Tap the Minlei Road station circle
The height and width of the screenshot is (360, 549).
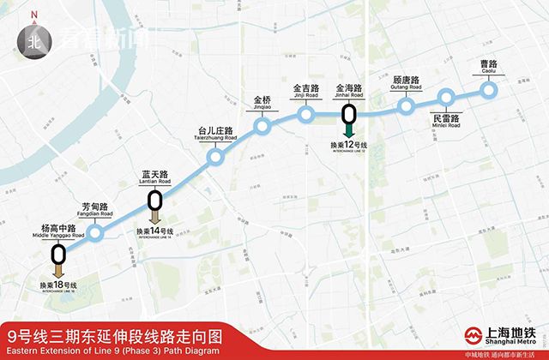pyautogui.click(x=446, y=97)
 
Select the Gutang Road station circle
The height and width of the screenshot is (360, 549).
pyautogui.click(x=407, y=107)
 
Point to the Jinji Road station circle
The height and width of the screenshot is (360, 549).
pyautogui.click(x=306, y=115)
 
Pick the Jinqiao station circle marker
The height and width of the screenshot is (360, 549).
pyautogui.click(x=262, y=127)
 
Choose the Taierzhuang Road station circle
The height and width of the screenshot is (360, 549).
pyautogui.click(x=216, y=157)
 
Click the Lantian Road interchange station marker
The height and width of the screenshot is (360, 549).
pyautogui.click(x=154, y=201)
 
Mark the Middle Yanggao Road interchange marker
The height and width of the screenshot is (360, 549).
pyautogui.click(x=58, y=254)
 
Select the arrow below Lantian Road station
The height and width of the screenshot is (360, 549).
pyautogui.click(x=154, y=219)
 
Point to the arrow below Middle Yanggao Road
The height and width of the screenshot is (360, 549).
pyautogui.click(x=58, y=272)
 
